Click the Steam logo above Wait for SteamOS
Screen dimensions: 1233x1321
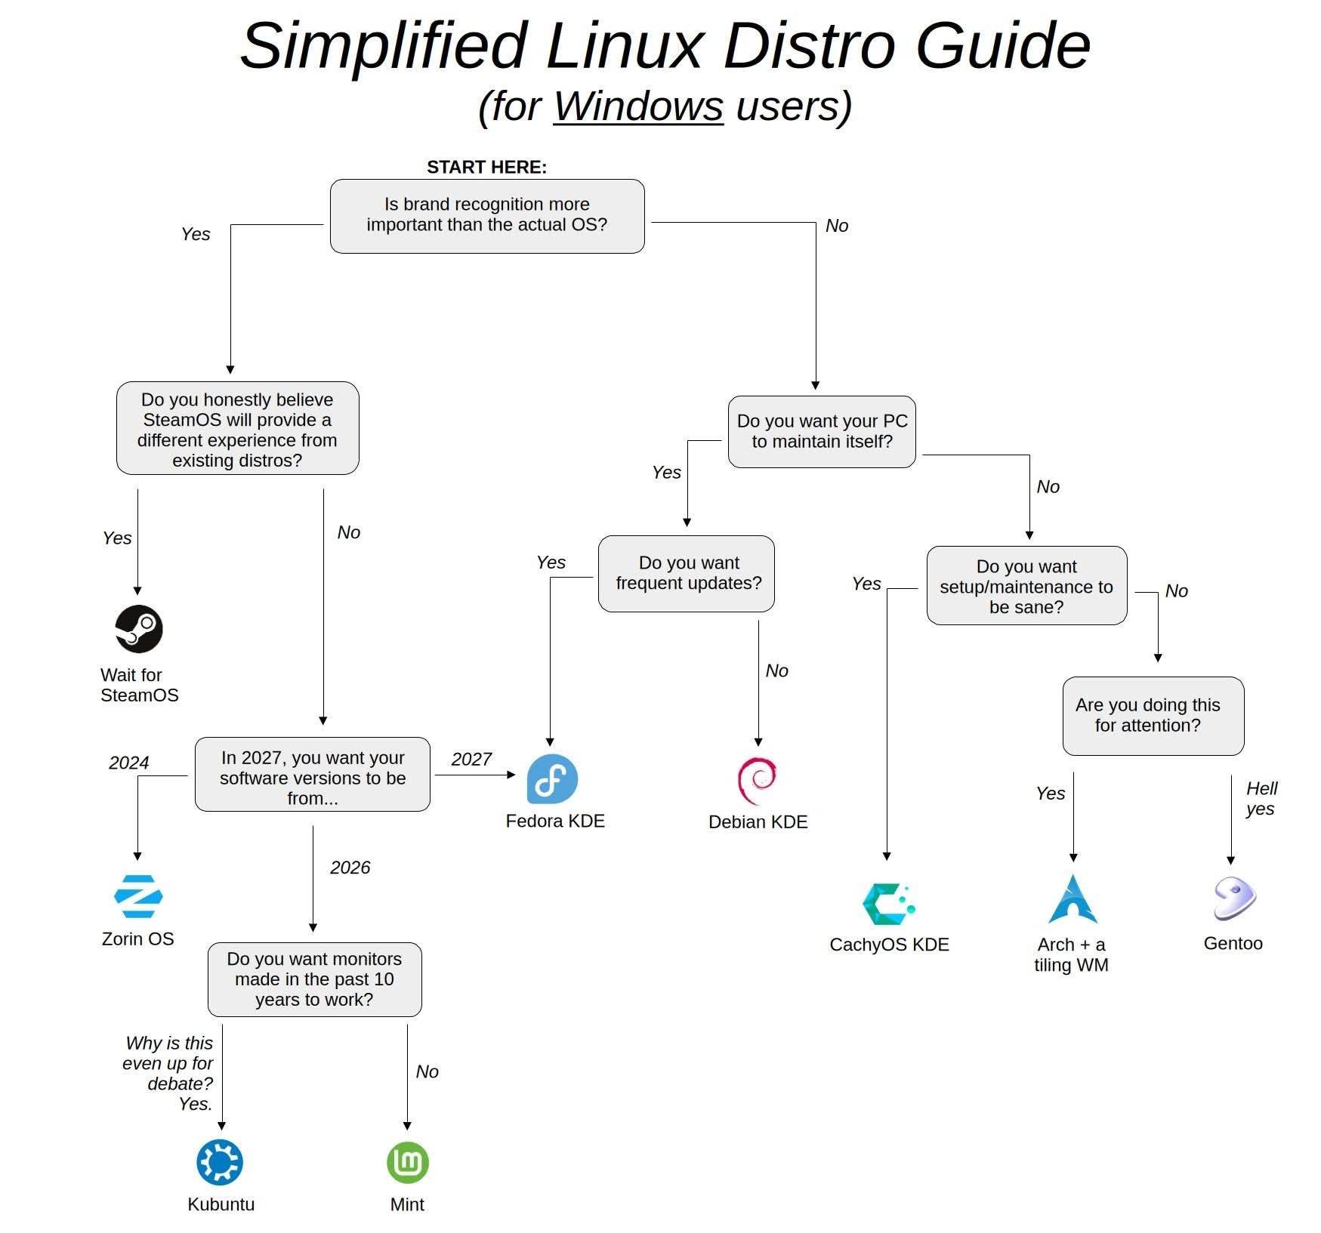click(138, 629)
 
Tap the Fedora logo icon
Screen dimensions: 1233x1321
click(552, 779)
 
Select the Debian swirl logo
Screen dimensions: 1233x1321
click(757, 781)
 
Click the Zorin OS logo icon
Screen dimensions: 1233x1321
click(138, 896)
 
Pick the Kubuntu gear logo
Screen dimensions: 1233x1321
click(220, 1162)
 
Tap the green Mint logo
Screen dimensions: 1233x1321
click(408, 1162)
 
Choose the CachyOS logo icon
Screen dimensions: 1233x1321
click(888, 904)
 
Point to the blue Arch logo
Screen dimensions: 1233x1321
click(1073, 900)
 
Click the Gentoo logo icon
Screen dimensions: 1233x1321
click(1234, 899)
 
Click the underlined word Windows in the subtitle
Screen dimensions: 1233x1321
click(638, 106)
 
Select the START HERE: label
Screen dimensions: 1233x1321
click(486, 167)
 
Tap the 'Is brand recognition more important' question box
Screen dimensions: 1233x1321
click(487, 216)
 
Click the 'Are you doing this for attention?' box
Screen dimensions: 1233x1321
click(1153, 716)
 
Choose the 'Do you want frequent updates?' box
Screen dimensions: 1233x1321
click(686, 574)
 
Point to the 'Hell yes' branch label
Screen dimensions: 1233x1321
click(1261, 799)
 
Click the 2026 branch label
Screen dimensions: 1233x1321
click(350, 868)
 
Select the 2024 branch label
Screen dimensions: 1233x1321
click(128, 763)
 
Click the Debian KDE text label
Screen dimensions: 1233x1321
click(758, 822)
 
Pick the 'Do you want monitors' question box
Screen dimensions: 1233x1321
click(314, 979)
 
